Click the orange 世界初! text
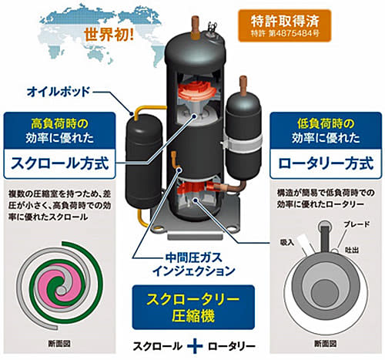[109, 34]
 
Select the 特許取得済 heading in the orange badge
[285, 21]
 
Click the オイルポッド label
[59, 92]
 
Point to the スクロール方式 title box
[59, 164]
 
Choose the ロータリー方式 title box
[326, 164]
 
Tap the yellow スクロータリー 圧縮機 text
[193, 307]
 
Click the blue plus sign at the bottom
[195, 346]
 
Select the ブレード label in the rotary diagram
[357, 224]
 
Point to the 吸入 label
[287, 242]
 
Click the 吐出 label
[352, 250]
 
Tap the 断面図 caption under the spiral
[59, 344]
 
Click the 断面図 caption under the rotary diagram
[325, 344]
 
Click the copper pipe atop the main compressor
[196, 28]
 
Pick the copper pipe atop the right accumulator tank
[243, 86]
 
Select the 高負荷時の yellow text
[59, 124]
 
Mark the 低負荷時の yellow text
[326, 124]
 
